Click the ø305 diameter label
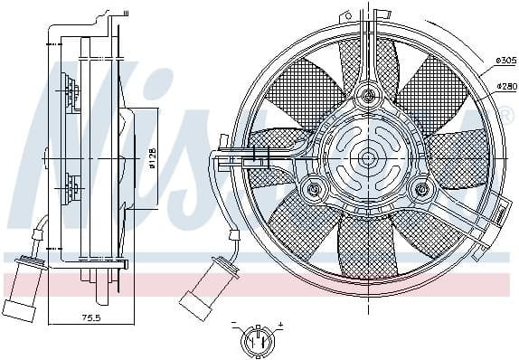click(505, 60)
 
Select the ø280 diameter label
click(505, 86)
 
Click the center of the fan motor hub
click(367, 158)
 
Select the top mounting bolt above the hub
click(368, 95)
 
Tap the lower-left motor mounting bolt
click(314, 190)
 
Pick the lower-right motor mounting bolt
click(420, 190)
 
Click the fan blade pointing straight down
click(366, 244)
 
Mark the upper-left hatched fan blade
click(321, 86)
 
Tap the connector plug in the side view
click(25, 284)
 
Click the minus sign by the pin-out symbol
click(233, 324)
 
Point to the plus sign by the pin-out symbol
click(279, 324)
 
